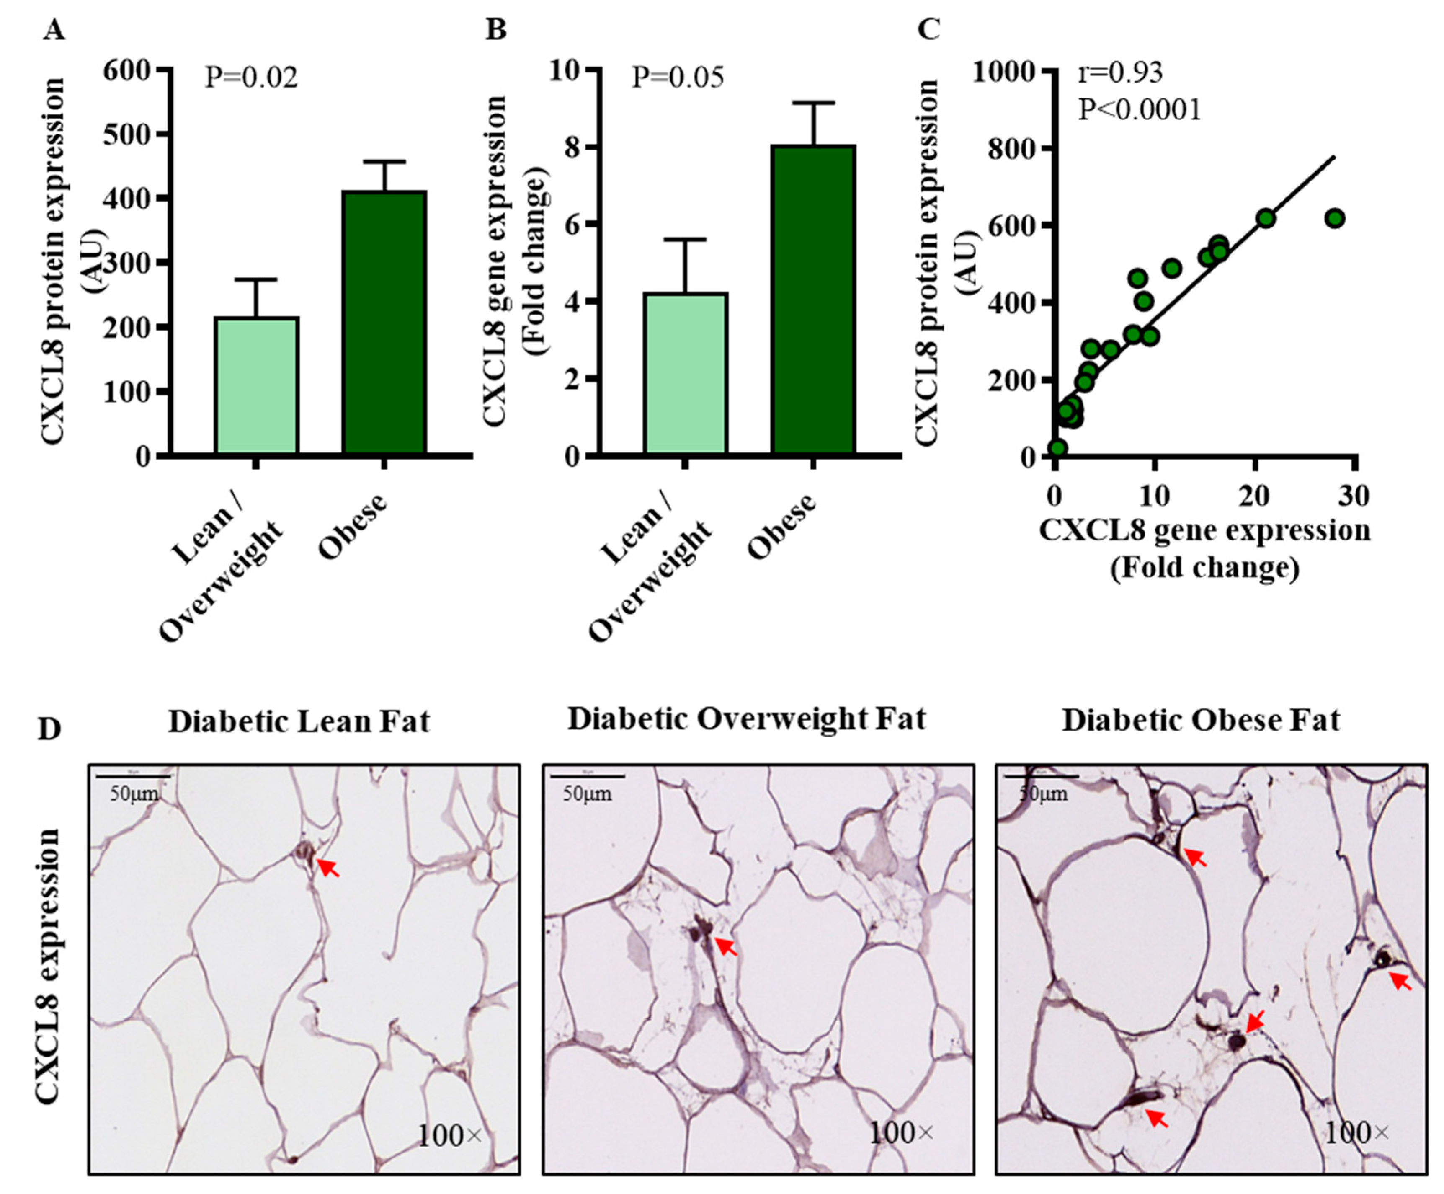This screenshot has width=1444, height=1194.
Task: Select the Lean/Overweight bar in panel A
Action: pos(256,385)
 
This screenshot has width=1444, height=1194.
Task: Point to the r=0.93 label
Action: pos(1119,72)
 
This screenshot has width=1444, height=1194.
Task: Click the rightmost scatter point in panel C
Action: pos(1335,219)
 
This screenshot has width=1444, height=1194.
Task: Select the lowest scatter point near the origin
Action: pos(1057,448)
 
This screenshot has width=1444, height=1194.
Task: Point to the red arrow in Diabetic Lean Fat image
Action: pos(329,868)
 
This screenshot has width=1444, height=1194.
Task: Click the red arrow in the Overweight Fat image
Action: pos(725,946)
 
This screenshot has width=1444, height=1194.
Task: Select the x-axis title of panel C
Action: pos(1204,550)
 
